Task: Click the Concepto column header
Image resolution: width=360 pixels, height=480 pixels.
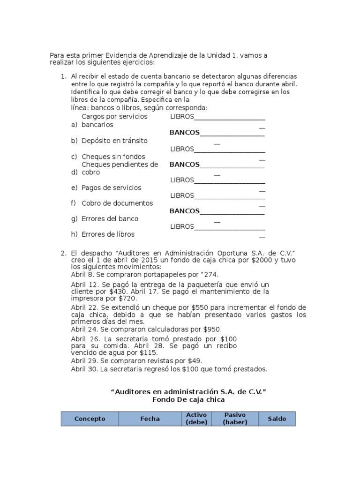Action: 90,419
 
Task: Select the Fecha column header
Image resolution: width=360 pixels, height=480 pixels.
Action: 150,419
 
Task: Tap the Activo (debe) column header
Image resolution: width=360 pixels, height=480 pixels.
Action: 196,419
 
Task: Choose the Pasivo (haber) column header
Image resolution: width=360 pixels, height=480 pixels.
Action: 235,419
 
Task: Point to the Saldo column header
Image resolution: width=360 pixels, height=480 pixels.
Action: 277,419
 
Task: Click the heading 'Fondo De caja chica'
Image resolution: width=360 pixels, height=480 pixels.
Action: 188,400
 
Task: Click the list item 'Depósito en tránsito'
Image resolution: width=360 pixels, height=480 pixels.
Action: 114,141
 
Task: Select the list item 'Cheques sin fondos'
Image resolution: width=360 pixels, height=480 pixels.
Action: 113,157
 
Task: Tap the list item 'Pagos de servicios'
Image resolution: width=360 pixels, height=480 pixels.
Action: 111,187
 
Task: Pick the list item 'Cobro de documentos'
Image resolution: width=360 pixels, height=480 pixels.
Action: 117,203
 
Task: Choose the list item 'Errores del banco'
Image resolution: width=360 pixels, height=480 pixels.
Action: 110,218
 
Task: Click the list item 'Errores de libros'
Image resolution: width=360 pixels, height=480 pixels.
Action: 108,234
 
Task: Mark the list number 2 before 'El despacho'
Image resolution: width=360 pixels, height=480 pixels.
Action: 63,253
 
